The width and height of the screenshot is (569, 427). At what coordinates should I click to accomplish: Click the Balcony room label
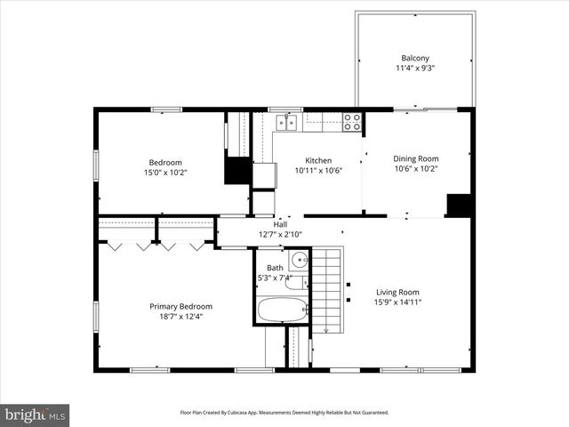[x=415, y=58]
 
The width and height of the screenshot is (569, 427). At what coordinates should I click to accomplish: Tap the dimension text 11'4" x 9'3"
[x=415, y=68]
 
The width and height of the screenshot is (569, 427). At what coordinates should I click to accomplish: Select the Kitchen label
[x=293, y=161]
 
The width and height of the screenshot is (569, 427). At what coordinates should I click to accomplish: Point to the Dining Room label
[x=416, y=159]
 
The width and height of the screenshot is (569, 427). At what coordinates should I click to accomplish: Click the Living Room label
[x=397, y=292]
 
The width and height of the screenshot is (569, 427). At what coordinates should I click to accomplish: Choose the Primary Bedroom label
[x=180, y=306]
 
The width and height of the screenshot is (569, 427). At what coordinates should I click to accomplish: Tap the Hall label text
[x=280, y=225]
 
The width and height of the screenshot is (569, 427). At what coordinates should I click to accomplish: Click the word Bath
[x=275, y=268]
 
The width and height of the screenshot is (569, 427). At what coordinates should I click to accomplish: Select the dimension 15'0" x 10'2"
[x=165, y=172]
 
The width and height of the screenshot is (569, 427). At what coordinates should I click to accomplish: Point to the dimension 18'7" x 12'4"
[x=180, y=316]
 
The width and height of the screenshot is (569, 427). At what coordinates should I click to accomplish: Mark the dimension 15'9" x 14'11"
[x=397, y=302]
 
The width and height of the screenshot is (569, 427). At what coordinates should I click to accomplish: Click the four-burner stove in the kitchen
[x=352, y=122]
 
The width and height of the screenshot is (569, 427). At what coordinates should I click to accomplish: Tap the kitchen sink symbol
[x=287, y=122]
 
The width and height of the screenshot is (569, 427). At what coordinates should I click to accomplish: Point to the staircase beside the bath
[x=326, y=290]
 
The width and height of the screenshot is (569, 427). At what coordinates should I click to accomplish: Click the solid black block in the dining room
[x=458, y=205]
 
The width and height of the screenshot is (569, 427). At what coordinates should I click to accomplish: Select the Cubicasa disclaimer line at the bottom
[x=284, y=413]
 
